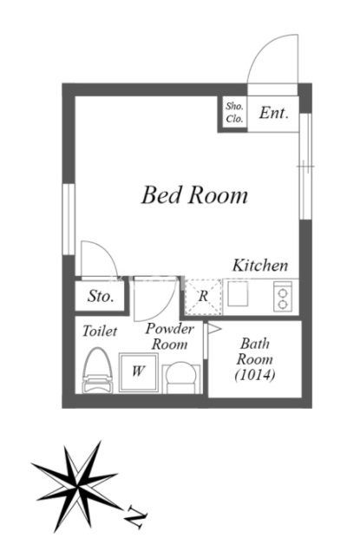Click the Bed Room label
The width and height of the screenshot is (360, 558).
(x=194, y=195)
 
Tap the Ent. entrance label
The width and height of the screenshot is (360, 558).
(x=273, y=113)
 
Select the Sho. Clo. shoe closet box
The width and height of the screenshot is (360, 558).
(x=234, y=113)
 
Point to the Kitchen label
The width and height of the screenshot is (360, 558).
(x=260, y=266)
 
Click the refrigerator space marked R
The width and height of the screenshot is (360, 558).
(x=204, y=297)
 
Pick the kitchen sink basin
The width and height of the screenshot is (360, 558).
(x=238, y=293)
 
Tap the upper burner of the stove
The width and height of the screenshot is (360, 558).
(x=283, y=292)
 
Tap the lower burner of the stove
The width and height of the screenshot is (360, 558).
(x=283, y=304)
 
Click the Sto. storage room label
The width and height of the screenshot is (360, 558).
(x=101, y=296)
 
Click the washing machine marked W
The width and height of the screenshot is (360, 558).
(x=139, y=372)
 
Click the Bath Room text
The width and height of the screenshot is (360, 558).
(x=255, y=351)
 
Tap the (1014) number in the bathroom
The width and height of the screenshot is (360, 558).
(x=255, y=375)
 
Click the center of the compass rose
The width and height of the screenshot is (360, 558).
(x=77, y=486)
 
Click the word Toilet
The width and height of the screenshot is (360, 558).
(x=100, y=332)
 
